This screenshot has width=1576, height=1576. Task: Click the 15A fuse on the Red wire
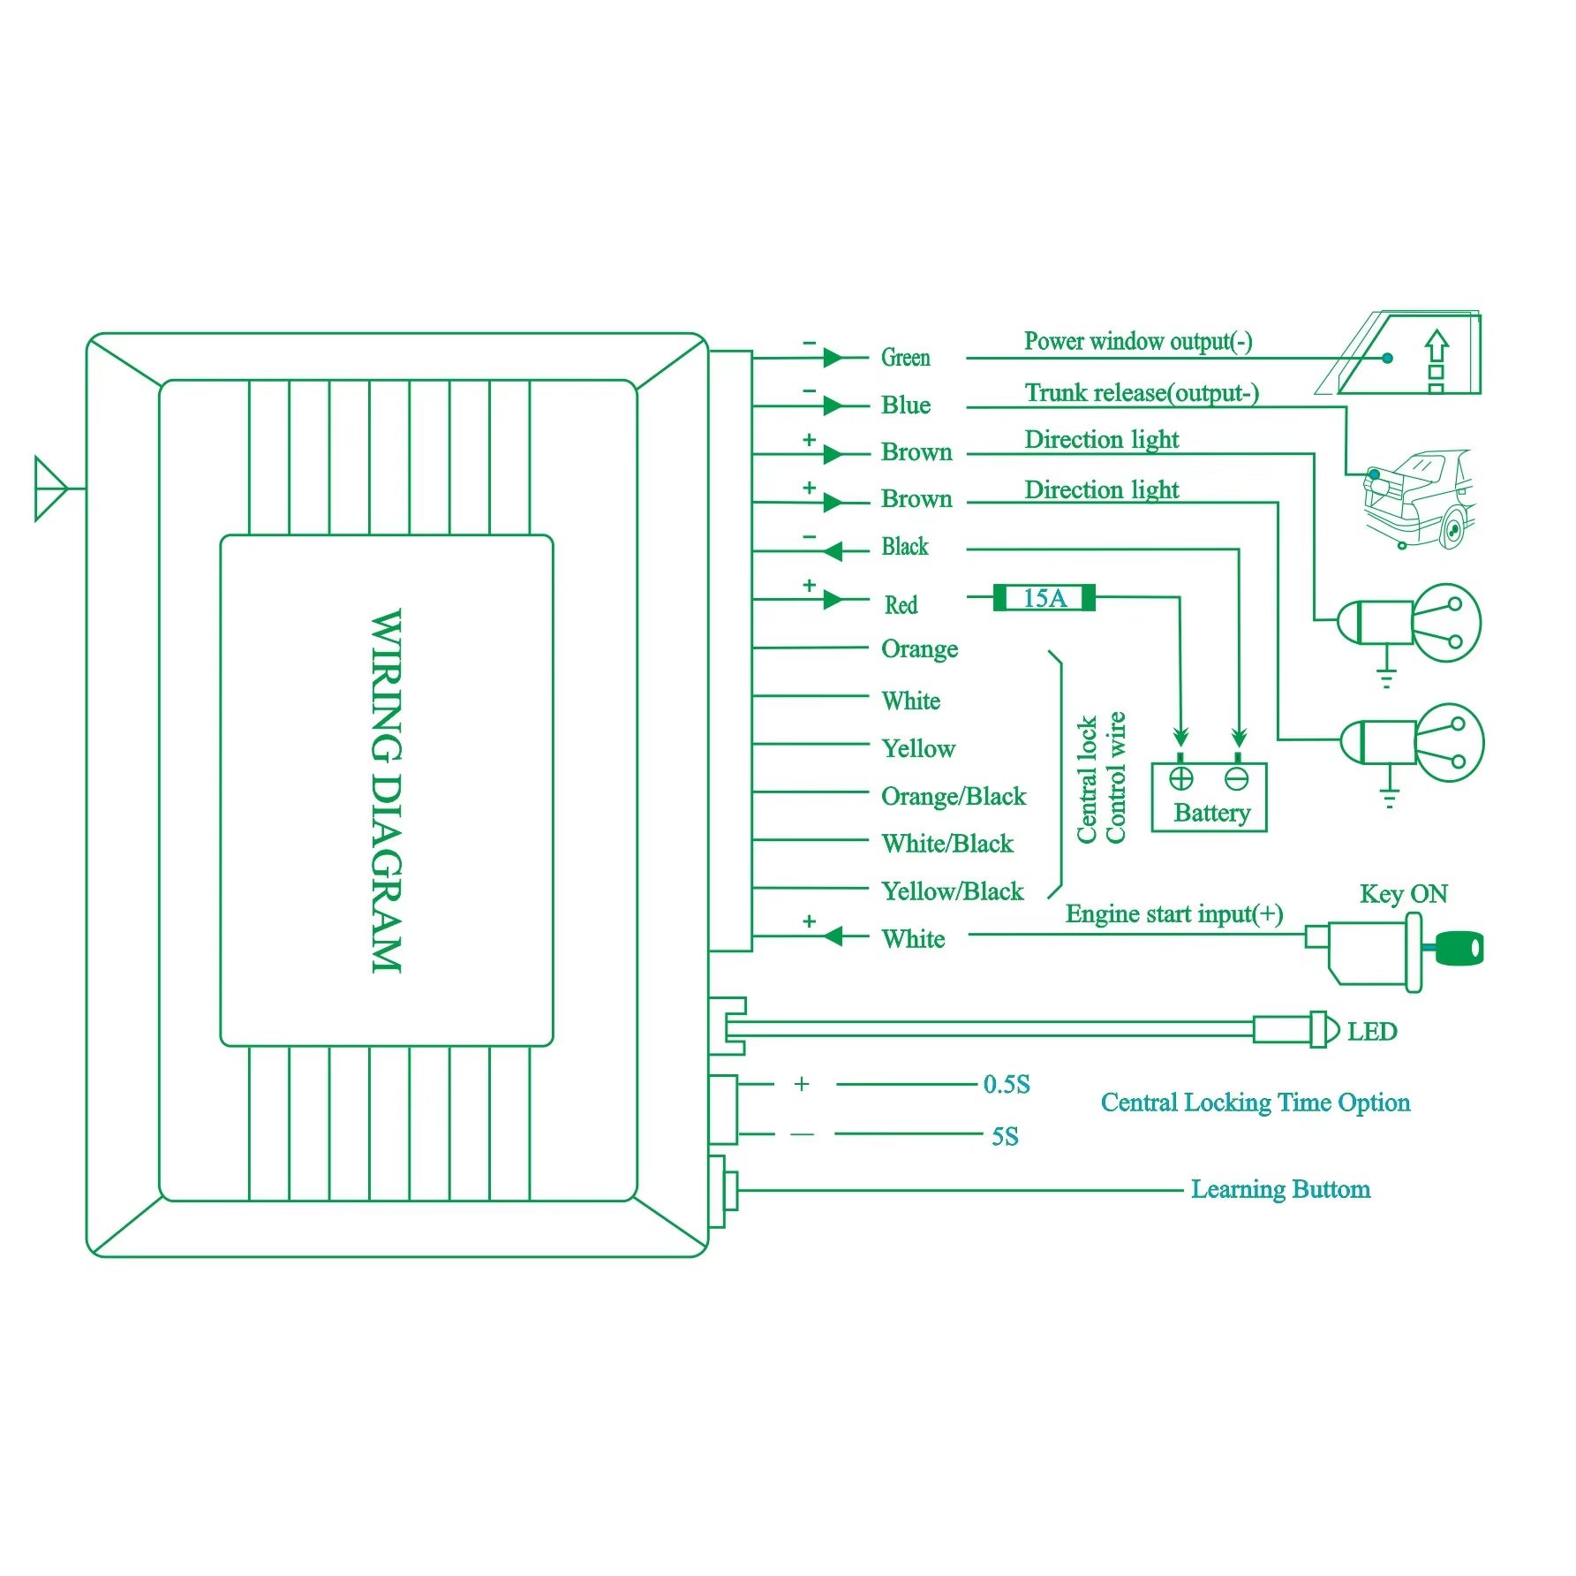pos(1044,598)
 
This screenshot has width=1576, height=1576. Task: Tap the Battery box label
pos(1211,813)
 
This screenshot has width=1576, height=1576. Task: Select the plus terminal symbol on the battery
pos(1181,778)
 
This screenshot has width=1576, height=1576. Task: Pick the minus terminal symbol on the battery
pos(1237,778)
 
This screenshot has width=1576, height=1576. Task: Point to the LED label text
pos(1371,1032)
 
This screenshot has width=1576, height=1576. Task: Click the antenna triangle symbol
pos(49,488)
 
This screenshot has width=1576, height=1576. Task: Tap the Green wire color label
pos(905,358)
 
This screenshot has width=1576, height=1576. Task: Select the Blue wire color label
pos(905,405)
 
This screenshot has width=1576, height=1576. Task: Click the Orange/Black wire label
pos(954,797)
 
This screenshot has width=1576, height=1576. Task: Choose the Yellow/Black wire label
pos(952,891)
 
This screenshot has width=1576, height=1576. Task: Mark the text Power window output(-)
pos(1137,342)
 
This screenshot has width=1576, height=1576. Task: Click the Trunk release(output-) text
pos(1141,393)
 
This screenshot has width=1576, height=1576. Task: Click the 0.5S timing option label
pos(1007,1085)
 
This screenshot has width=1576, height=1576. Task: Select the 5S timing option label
pos(1005,1136)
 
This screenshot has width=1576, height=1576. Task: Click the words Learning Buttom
pos(1280,1189)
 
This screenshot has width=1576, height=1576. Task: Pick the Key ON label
pos(1403,894)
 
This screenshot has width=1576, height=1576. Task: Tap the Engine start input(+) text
pos(1173,914)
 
